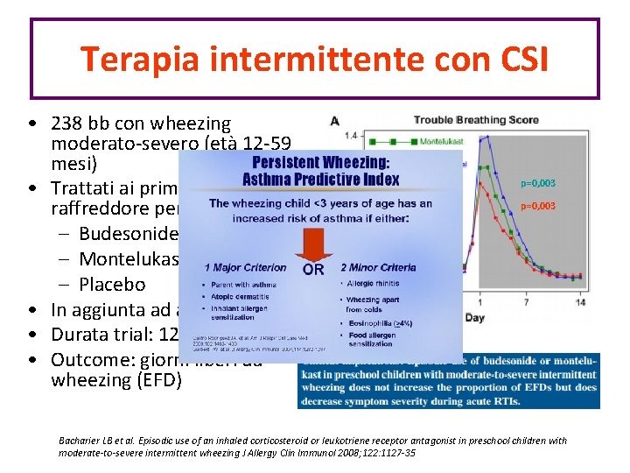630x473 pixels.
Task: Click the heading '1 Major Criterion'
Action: [x=245, y=267]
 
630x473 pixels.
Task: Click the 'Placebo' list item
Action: [x=111, y=284]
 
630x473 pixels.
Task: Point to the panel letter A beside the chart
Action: [x=332, y=120]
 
